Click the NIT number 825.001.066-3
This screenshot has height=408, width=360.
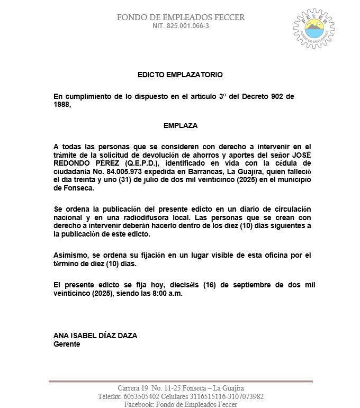[x=181, y=26]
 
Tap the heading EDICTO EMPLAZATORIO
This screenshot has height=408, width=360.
[x=180, y=75]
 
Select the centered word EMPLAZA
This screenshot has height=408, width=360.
[x=181, y=126]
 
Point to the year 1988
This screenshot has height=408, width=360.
[x=62, y=104]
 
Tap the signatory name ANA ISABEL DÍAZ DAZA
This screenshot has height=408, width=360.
[x=96, y=336]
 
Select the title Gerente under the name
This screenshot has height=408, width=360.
[x=67, y=344]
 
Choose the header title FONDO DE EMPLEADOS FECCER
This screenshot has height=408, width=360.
[x=181, y=17]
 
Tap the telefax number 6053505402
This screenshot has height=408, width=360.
[x=141, y=396]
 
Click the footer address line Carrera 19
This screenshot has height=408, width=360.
[x=181, y=388]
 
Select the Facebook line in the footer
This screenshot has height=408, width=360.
[x=181, y=404]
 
